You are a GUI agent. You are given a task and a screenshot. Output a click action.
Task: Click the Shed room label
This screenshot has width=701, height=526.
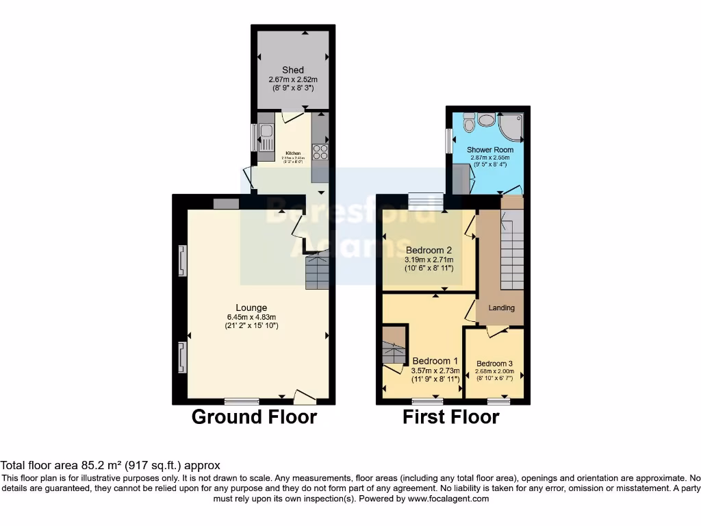point(292,70)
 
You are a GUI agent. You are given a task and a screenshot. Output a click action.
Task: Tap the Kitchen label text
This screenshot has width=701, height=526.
point(292,153)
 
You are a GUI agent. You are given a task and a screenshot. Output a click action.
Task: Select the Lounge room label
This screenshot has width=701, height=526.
point(251,308)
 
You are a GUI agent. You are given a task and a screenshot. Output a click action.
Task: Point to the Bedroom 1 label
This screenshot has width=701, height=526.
point(435,361)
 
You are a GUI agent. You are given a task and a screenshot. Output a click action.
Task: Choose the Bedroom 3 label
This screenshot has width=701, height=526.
point(494,364)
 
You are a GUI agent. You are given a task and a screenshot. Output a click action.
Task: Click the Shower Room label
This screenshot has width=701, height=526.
point(490,149)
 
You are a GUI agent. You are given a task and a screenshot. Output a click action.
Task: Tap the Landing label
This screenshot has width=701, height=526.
point(501,308)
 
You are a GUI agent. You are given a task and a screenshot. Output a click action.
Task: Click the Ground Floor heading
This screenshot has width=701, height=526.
point(254,416)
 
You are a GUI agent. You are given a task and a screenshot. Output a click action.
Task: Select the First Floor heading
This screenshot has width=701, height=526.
point(450,416)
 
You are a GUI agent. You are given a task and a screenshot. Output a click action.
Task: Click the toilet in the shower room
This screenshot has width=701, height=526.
point(469,123)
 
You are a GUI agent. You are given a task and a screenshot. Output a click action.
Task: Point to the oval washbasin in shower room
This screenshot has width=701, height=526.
point(487,120)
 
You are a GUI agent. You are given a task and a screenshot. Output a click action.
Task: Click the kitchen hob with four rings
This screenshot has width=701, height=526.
point(320,151)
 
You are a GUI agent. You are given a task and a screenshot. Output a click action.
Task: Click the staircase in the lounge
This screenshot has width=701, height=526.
point(317,272)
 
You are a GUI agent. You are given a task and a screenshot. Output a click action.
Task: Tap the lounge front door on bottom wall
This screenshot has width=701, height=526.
point(305,396)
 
